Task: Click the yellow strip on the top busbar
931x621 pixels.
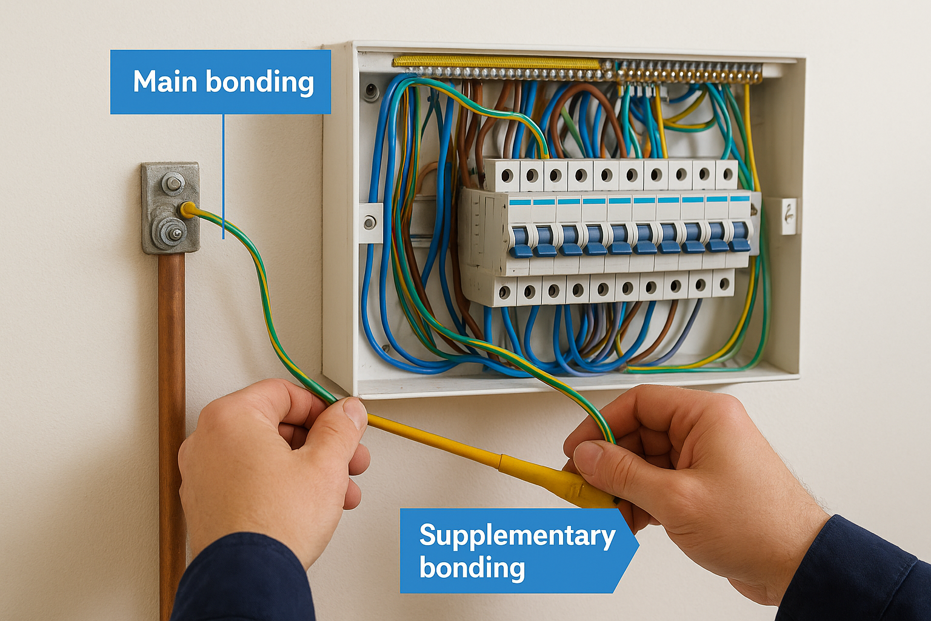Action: [x=496, y=62]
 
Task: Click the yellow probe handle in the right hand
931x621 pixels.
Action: [x=558, y=480]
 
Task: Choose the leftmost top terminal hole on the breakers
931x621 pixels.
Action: [x=507, y=176]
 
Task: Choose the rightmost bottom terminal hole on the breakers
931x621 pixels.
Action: [x=724, y=284]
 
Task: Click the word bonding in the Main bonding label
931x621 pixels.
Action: [x=259, y=82]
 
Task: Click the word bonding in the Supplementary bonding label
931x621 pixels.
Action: [x=472, y=567]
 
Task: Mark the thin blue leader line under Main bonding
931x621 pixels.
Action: [x=224, y=176]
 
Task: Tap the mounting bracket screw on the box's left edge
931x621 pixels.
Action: [x=369, y=223]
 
